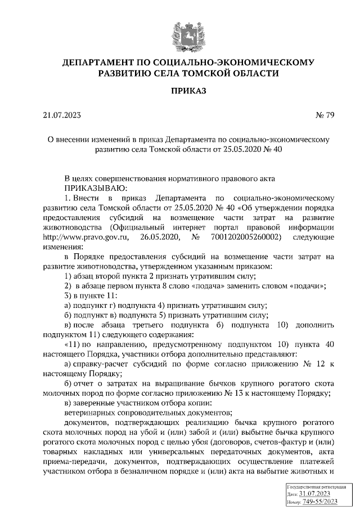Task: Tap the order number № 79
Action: point(326,116)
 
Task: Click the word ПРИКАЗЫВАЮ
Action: point(96,187)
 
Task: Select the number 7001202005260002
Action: point(249,237)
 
